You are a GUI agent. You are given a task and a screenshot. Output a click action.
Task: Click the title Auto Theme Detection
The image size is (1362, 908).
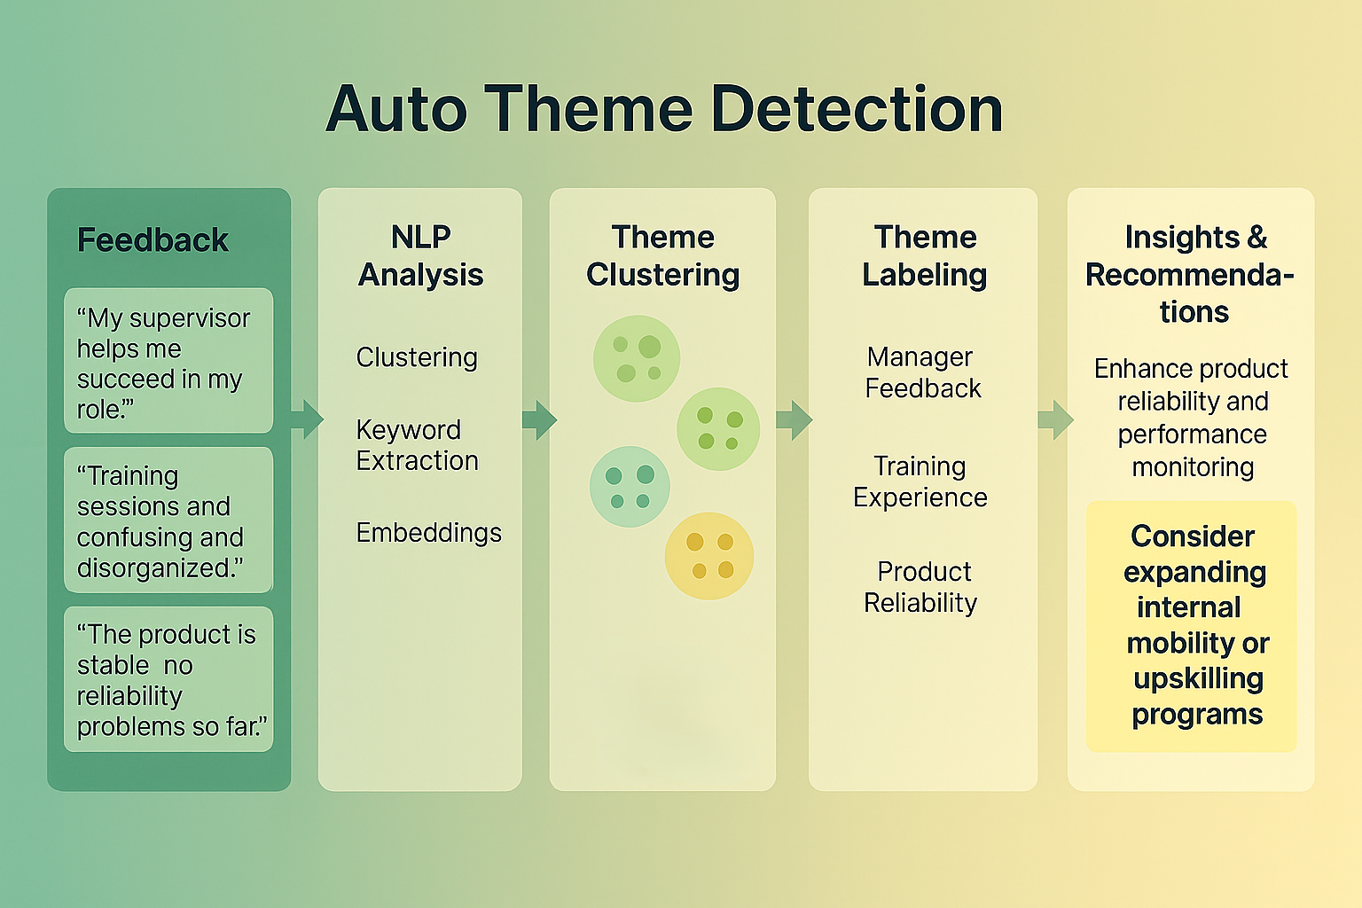coord(664,109)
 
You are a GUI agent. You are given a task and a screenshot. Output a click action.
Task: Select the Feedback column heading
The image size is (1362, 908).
coord(153,240)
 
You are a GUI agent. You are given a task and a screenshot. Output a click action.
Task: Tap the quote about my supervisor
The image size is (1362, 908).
coord(168,362)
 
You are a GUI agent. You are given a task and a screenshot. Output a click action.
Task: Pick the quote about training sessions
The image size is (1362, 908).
coord(168,521)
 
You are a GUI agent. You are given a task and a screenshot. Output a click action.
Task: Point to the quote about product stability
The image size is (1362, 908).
coord(168,679)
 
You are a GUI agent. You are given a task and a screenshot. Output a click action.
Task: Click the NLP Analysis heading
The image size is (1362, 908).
coord(420,256)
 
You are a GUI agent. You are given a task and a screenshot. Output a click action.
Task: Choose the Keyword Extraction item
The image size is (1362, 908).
coord(417,445)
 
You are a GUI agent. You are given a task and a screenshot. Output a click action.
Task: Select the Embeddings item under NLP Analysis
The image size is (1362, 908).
coord(428,532)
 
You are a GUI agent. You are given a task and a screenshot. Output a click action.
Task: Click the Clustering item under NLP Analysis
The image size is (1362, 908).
coord(417,357)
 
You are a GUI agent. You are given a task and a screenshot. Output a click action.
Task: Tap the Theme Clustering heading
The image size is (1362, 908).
coord(662,256)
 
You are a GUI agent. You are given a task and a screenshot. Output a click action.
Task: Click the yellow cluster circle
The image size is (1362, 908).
coord(709,556)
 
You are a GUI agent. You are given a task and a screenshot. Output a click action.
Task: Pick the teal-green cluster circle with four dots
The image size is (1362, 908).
coord(630,487)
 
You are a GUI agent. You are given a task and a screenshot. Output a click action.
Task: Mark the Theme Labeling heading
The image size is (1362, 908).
coord(924,256)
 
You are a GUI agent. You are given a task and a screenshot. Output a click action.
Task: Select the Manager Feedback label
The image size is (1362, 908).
coord(922,372)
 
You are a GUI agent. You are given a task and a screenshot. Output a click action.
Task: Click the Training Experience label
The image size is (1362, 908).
coord(920,481)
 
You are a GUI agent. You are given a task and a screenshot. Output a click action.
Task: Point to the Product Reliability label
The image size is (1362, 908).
coord(920,587)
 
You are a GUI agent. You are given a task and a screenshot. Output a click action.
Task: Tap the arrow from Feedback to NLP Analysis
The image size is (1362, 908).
coord(306,419)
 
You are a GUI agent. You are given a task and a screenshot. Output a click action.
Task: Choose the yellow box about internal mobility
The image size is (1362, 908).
coord(1192,626)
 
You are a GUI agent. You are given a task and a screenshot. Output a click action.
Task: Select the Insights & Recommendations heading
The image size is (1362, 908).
coord(1192,275)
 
